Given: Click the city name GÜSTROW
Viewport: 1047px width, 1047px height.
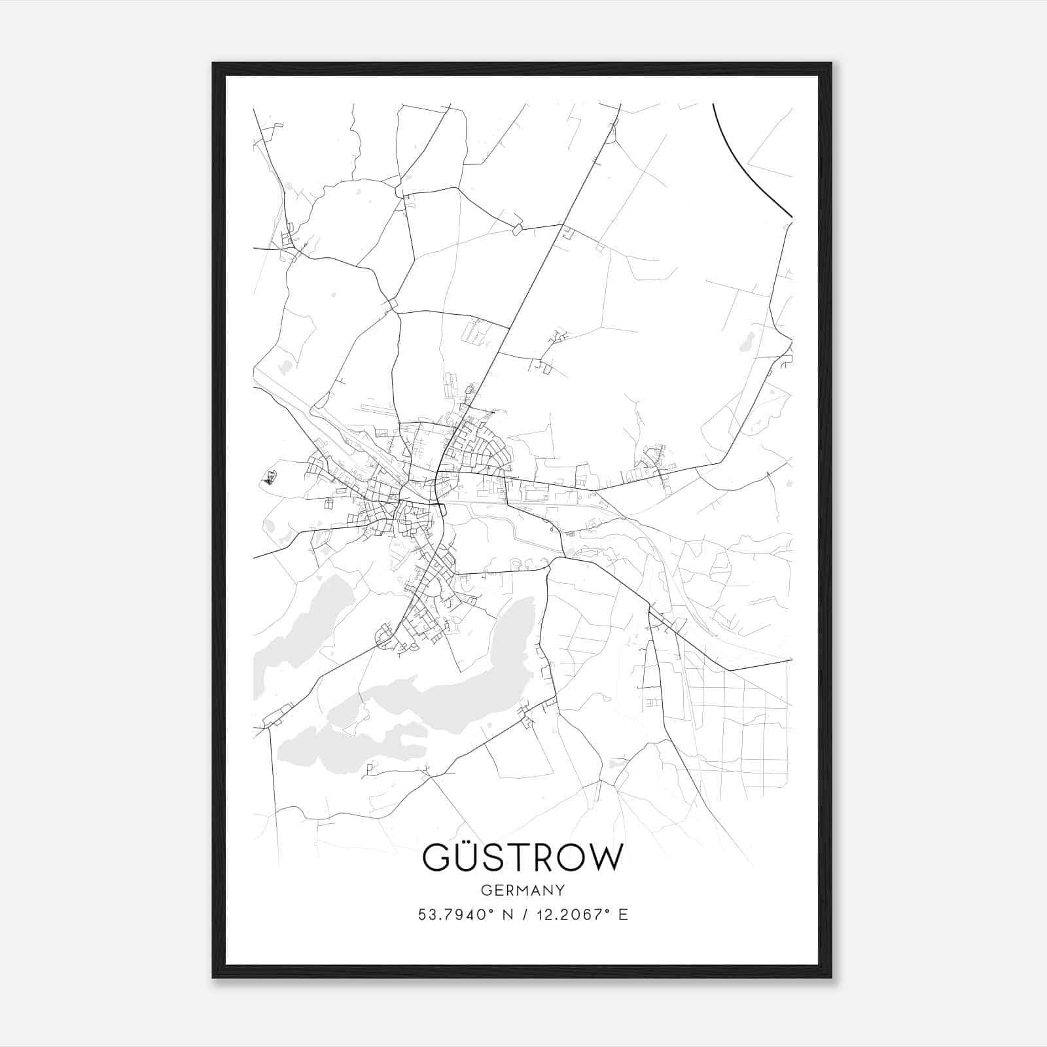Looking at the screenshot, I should (522, 857).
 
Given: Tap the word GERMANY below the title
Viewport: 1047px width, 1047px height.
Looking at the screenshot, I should (522, 890).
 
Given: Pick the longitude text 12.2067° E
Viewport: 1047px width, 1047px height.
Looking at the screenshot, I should (582, 915).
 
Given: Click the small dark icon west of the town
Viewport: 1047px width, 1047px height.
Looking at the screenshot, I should (269, 480).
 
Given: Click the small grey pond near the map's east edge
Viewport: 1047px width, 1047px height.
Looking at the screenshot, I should (746, 341).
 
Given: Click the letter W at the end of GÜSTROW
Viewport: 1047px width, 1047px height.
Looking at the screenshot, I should (605, 857).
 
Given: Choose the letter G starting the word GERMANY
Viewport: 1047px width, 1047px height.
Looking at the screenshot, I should (486, 890).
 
